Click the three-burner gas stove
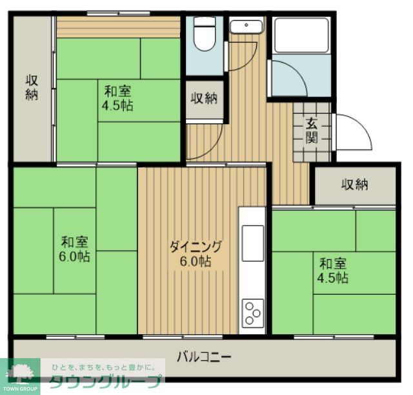point(252,315)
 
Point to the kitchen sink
point(252,234)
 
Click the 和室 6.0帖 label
point(76,249)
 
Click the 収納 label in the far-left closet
point(32,87)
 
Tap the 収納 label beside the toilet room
point(204,98)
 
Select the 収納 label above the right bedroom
point(354,184)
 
